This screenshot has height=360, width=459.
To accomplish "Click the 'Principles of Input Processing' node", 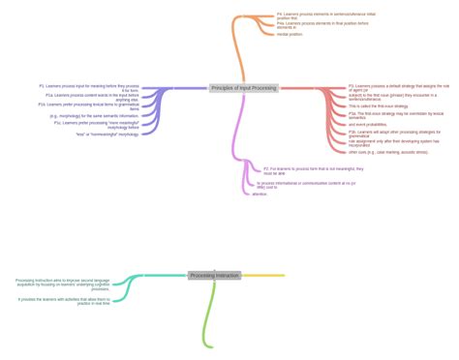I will pos(243,88).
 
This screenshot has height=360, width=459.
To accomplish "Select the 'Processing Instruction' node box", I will pos(214,276).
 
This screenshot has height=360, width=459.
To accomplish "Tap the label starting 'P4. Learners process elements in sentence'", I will pos(312,16).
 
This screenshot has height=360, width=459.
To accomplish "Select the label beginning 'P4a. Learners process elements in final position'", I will pos(309,25).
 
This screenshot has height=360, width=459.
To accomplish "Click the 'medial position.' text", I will pos(290,34).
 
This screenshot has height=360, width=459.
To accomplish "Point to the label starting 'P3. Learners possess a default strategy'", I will pos(398,88).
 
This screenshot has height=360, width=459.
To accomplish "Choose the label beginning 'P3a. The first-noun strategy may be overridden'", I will pos(395,115).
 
